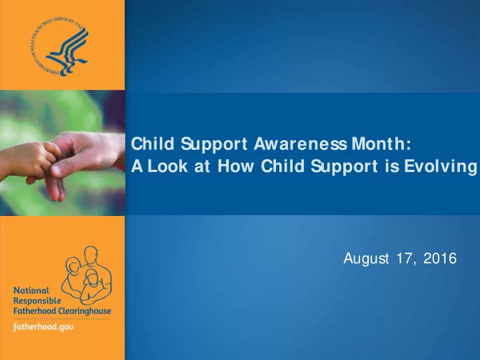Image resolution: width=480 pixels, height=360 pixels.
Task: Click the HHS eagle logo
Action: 59,47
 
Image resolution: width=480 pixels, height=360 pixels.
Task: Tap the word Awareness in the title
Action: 300,144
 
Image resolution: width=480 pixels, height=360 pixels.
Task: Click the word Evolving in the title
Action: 441,167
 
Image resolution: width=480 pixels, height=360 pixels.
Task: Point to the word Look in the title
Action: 167,166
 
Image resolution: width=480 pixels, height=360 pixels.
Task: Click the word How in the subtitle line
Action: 235,166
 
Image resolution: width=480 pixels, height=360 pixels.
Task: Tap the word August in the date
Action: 366,259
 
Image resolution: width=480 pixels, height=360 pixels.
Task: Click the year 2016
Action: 440,259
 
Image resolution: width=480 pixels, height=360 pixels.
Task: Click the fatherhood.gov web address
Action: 43,327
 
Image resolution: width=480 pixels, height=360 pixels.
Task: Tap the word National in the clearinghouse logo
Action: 31,290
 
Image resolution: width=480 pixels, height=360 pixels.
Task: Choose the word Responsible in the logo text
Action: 37,301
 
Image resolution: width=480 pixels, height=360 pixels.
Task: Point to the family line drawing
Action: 86,275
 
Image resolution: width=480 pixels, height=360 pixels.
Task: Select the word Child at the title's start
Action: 153,144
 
